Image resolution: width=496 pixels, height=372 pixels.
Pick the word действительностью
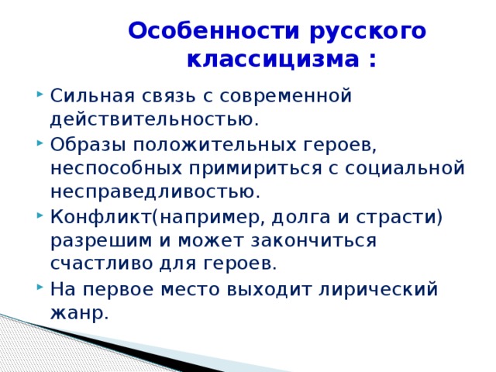(x=153, y=120)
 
